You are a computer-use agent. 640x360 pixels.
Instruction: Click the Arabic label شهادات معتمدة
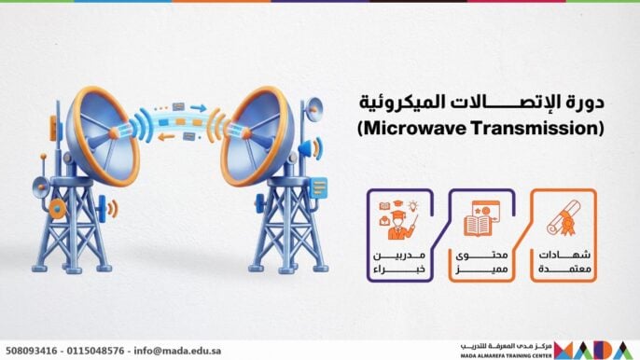tap(563, 262)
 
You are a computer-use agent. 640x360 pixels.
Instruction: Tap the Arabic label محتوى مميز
tap(480, 262)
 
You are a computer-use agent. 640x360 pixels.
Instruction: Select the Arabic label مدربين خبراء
tap(398, 262)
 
